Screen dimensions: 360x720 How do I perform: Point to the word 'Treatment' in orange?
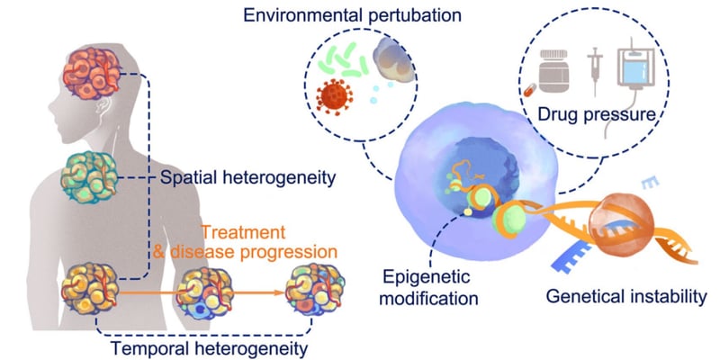pos(249,231)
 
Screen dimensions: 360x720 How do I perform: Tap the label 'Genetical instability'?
pos(622,296)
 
